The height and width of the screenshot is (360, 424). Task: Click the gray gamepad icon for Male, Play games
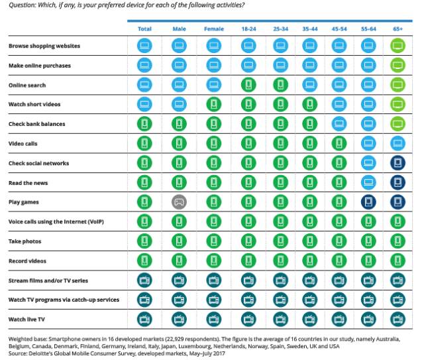click(179, 201)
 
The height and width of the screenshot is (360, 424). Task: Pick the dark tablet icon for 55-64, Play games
click(369, 201)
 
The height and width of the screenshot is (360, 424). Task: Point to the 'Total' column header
click(144, 29)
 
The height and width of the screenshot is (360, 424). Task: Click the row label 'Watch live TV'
click(26, 318)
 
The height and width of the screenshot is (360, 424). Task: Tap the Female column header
click(213, 29)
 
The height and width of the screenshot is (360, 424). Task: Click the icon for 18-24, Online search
click(248, 85)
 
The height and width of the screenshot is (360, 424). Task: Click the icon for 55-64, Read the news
click(369, 182)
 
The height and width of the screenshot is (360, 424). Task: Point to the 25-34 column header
click(281, 29)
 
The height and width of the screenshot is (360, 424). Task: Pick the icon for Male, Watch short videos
click(179, 104)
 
